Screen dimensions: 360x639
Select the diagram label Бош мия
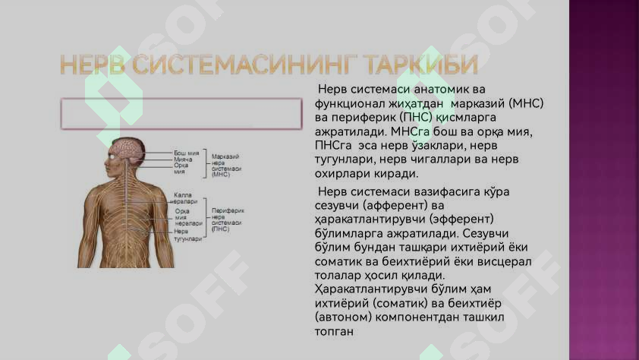[x=186, y=153]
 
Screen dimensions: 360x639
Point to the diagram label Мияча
[x=183, y=159]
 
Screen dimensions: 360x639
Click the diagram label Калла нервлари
[x=185, y=198]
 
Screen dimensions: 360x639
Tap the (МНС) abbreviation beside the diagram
[x=221, y=175]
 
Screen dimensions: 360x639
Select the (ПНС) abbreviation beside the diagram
[x=221, y=229]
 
